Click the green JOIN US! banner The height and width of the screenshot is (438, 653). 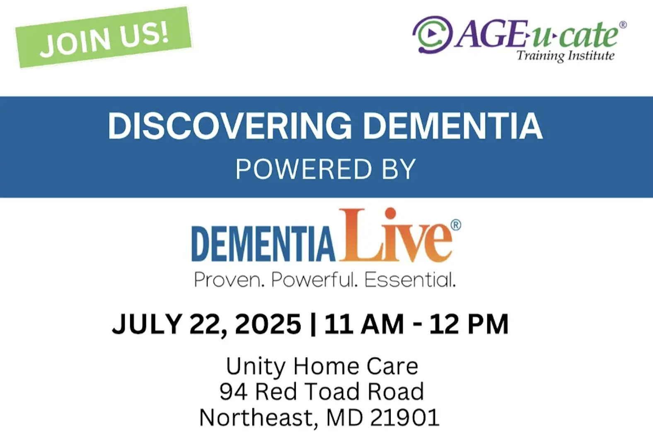point(104,37)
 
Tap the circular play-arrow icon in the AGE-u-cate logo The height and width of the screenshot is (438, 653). point(433,34)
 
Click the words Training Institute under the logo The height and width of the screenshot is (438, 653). point(566,56)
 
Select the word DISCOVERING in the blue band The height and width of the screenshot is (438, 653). point(230,127)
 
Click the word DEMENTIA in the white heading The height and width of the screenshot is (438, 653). point(453,127)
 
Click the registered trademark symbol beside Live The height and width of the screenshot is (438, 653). point(456,225)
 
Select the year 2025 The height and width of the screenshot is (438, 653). point(268,324)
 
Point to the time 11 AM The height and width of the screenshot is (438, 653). point(364,324)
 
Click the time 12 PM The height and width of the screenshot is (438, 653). point(469,324)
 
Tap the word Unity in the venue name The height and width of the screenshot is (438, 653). point(256,367)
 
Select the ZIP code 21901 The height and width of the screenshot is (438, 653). point(405,418)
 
